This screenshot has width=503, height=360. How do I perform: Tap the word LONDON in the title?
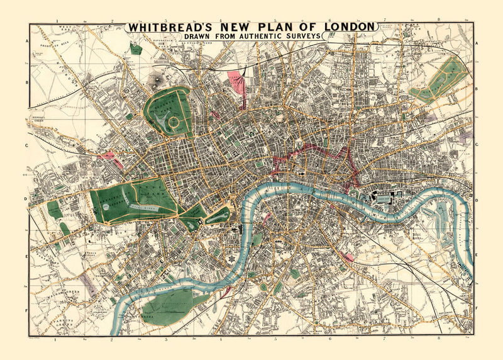[348, 27]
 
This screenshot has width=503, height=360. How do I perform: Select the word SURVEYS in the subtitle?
[300, 37]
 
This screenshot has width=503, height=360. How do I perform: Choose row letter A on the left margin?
[27, 42]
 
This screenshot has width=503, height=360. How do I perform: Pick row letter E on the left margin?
[27, 257]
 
